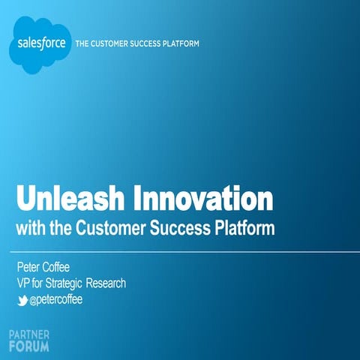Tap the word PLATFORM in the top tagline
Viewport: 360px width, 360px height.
[182, 43]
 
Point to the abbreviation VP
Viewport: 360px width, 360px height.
[24, 283]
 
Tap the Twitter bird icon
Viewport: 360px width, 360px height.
[22, 300]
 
